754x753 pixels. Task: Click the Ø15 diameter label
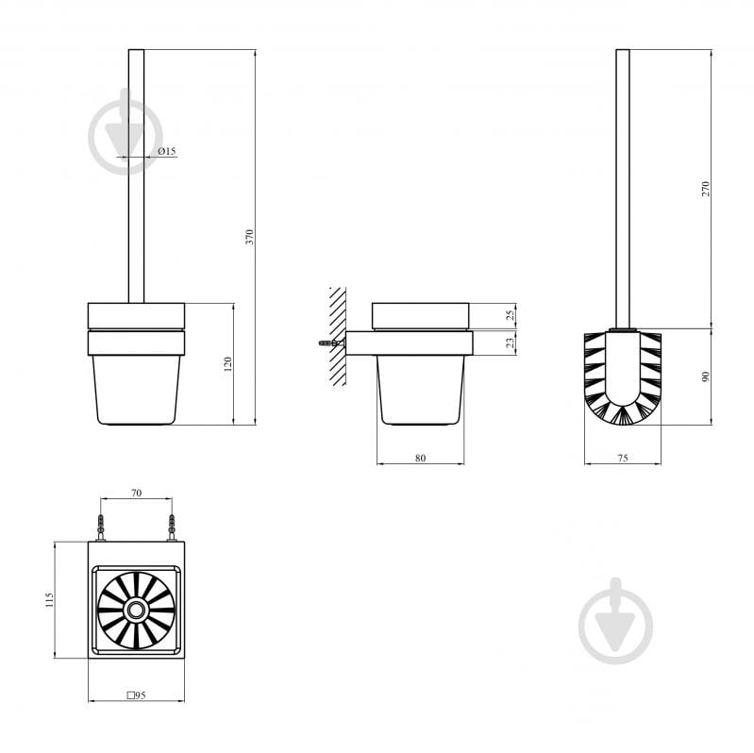[167, 151]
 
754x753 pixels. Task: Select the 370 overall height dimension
[249, 237]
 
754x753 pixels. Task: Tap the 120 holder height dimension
[228, 364]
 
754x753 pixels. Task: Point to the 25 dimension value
[511, 315]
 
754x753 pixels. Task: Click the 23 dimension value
[511, 343]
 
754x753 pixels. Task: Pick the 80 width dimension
[420, 459]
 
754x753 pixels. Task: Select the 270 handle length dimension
[706, 189]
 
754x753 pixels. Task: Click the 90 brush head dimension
[706, 376]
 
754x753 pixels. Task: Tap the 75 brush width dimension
[623, 459]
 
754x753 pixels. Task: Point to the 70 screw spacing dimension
[136, 493]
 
